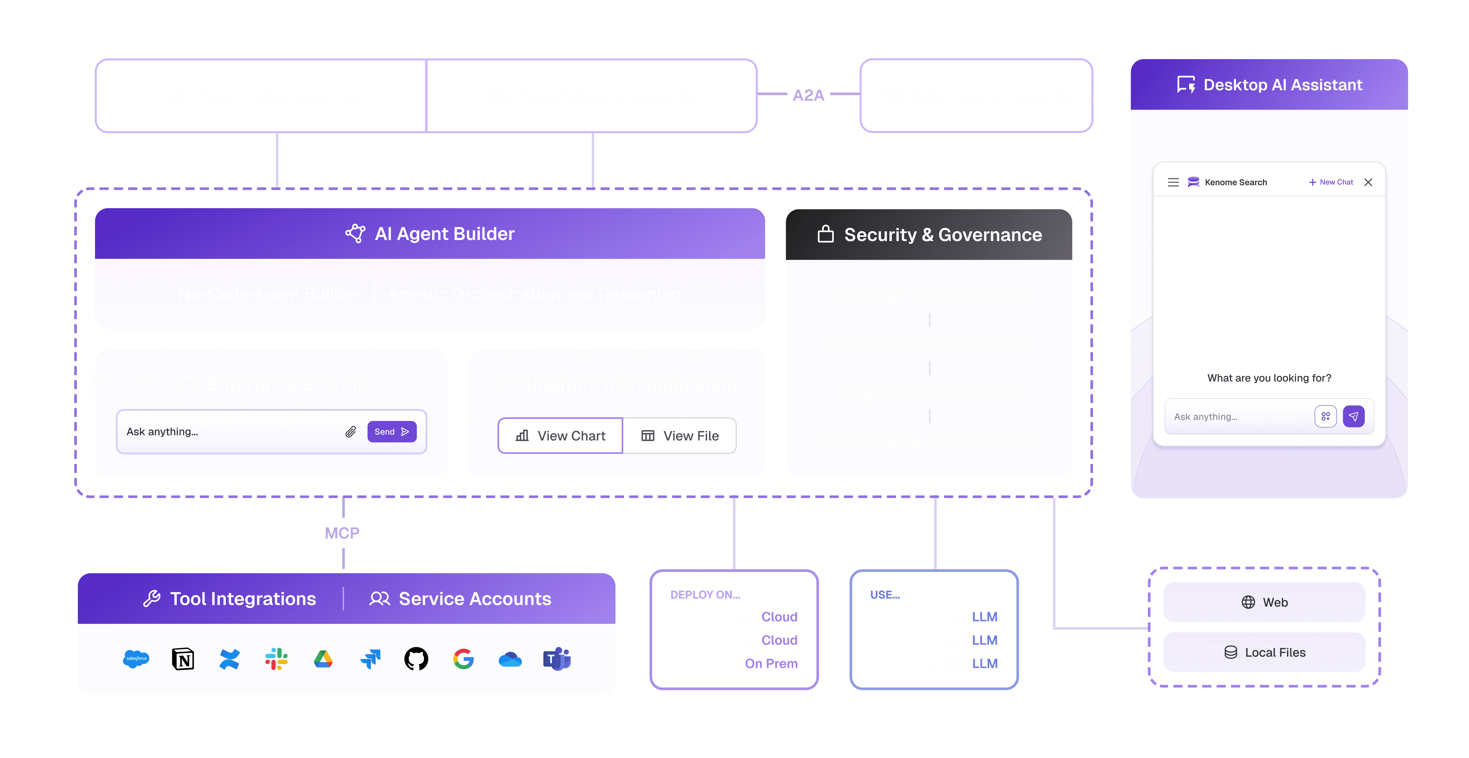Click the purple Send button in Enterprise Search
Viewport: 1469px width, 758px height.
pyautogui.click(x=392, y=432)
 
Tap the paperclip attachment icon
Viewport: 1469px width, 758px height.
pyautogui.click(x=350, y=432)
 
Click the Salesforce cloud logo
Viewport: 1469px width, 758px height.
pyautogui.click(x=136, y=659)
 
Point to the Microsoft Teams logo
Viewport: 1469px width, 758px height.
pyautogui.click(x=556, y=659)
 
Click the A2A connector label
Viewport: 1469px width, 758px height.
pyautogui.click(x=808, y=95)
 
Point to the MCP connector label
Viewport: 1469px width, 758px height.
pyautogui.click(x=342, y=533)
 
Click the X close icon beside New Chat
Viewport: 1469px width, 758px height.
pyautogui.click(x=1368, y=182)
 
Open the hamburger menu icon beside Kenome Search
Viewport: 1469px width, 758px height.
pyautogui.click(x=1173, y=182)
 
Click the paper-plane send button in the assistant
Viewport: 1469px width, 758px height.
pyautogui.click(x=1353, y=416)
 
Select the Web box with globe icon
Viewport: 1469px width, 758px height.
pyautogui.click(x=1264, y=602)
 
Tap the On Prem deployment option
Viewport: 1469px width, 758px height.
pyautogui.click(x=771, y=663)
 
